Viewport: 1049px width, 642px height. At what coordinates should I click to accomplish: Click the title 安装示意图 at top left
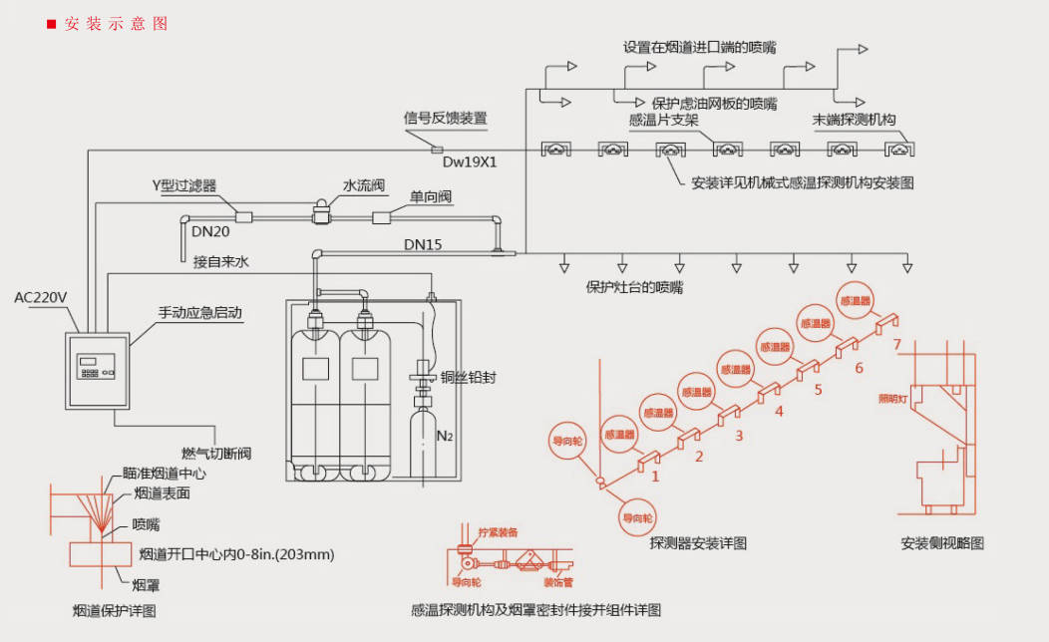[x=116, y=23]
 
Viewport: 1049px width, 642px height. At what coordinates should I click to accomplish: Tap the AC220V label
[x=43, y=297]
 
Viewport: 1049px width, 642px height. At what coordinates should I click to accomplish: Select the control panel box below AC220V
[x=97, y=367]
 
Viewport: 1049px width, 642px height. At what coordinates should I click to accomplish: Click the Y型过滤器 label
[x=183, y=185]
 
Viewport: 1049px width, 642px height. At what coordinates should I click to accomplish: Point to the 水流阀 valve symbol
[x=322, y=212]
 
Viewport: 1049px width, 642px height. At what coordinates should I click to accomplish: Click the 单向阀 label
[x=431, y=197]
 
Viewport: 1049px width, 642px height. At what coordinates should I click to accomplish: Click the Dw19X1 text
[x=470, y=160]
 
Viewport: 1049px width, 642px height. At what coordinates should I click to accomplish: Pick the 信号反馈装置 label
[x=446, y=118]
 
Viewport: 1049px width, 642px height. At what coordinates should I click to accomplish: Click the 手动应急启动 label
[x=199, y=312]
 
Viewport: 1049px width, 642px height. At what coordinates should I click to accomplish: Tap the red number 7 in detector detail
[x=897, y=345]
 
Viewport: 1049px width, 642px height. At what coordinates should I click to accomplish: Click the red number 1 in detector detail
[x=655, y=477]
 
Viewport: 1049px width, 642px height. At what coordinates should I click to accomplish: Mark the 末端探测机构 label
[x=854, y=120]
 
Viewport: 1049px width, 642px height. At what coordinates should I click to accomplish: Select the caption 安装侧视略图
[x=942, y=543]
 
